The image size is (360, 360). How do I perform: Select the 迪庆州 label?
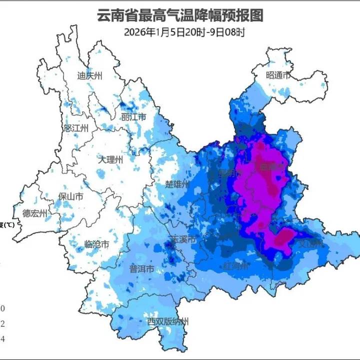[89, 76]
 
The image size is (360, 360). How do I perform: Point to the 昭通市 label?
[278, 75]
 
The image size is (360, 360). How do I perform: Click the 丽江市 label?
[133, 117]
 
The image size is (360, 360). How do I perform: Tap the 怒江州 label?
[76, 128]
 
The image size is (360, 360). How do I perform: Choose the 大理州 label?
[110, 160]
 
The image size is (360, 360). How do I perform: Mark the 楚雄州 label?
[177, 184]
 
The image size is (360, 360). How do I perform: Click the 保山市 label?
[70, 196]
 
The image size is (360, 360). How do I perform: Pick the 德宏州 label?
[34, 214]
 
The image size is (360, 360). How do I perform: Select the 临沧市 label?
[96, 244]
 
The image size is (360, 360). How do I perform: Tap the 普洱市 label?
[141, 268]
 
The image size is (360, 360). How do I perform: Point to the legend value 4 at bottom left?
[2, 339]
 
